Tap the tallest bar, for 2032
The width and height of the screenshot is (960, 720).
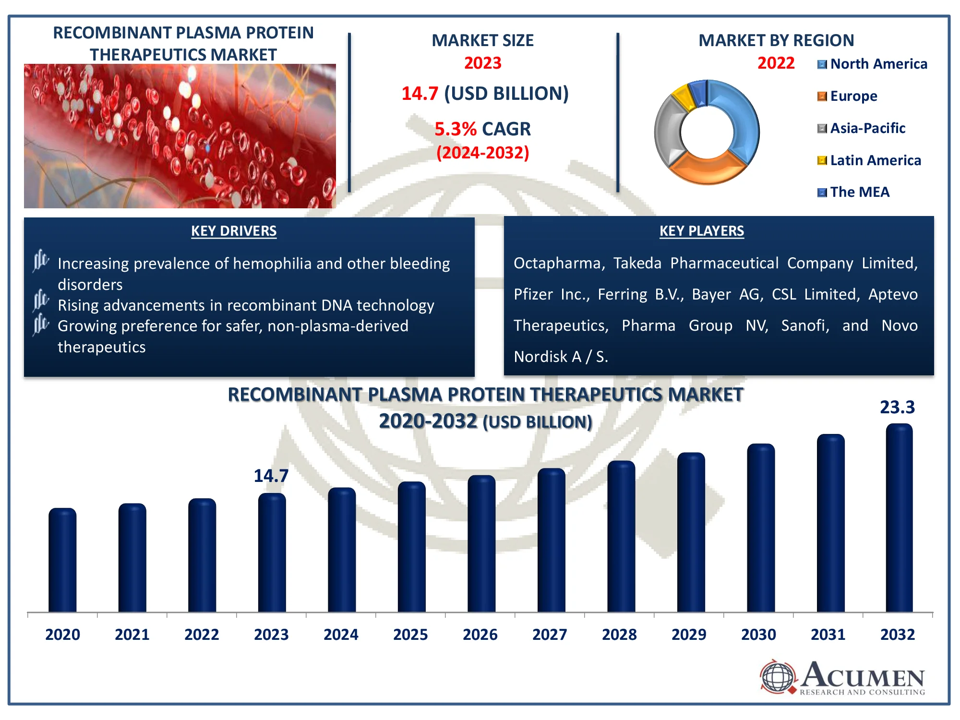click(x=899, y=518)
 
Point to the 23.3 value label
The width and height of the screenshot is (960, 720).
click(x=897, y=408)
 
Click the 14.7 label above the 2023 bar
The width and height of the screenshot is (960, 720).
click(x=271, y=476)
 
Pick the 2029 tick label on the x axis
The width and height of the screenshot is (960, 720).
click(x=689, y=635)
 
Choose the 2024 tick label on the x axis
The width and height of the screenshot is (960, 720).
click(x=341, y=635)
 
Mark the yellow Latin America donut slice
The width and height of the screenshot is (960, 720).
click(x=683, y=96)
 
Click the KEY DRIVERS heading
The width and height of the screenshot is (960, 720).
click(x=234, y=231)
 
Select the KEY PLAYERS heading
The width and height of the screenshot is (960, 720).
click(x=701, y=231)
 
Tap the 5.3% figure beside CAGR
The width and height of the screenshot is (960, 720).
click(x=455, y=129)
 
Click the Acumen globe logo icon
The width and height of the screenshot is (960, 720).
click(x=778, y=677)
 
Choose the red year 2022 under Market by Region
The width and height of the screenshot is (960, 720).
click(x=776, y=63)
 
